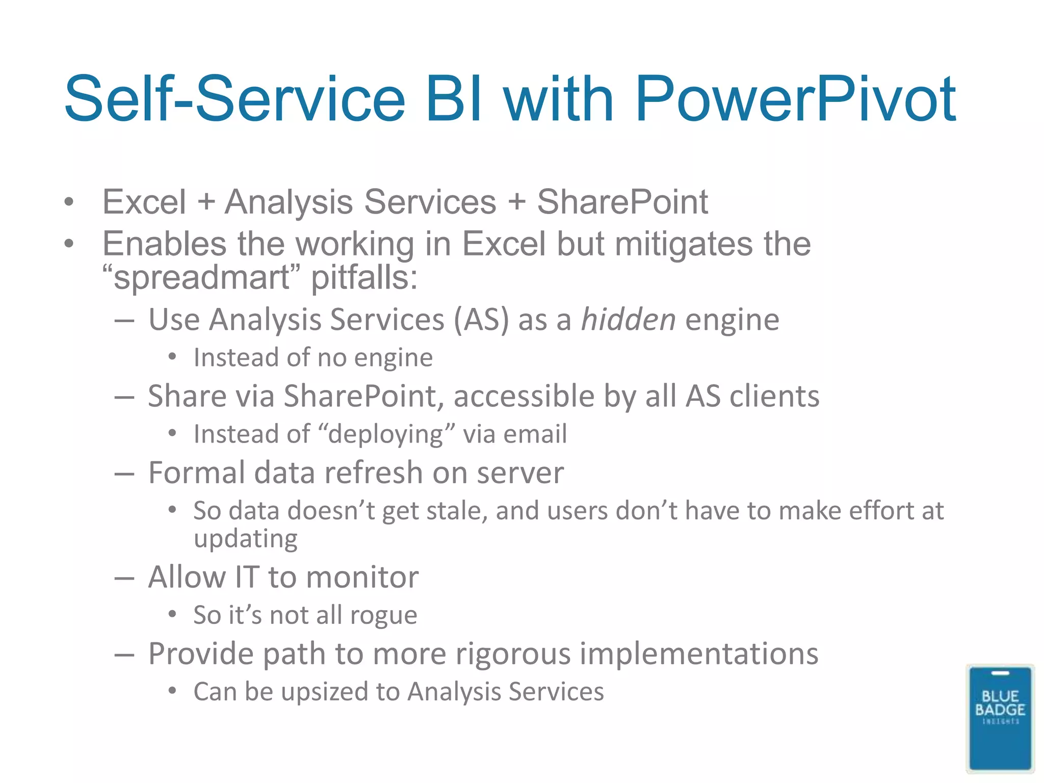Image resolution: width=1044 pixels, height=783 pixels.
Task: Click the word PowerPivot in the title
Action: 795,99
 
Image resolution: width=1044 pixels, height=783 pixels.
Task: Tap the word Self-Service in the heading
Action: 234,99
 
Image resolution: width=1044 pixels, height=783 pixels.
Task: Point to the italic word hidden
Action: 628,320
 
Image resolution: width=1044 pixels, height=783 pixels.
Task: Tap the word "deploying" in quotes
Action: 386,434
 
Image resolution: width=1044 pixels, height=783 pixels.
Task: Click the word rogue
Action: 383,616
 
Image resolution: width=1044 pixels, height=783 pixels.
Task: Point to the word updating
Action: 246,539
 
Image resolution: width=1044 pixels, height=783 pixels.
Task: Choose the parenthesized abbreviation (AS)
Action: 481,320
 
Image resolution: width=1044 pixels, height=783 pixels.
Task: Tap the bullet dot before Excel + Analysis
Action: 69,202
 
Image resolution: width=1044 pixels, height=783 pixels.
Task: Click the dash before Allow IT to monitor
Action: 124,579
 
